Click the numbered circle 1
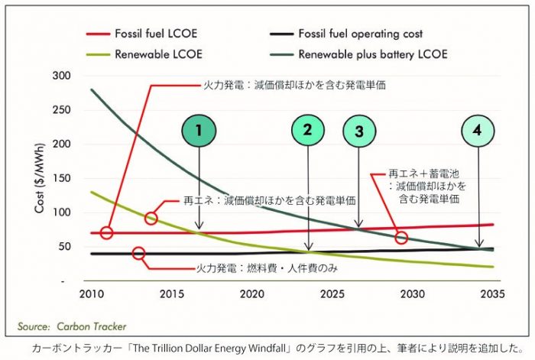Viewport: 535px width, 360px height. click(199, 130)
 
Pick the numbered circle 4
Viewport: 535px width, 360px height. click(477, 130)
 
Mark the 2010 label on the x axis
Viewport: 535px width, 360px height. click(91, 294)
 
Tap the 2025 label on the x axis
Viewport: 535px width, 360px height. click(332, 294)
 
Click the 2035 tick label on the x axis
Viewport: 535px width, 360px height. click(491, 294)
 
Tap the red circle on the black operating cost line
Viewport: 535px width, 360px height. click(139, 254)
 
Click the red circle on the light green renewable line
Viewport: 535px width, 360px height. click(151, 219)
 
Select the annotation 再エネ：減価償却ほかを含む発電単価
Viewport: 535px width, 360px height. click(269, 200)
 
